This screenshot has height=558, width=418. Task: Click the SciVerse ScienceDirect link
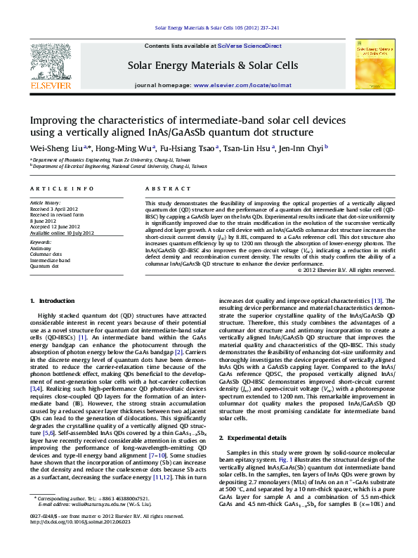(249, 46)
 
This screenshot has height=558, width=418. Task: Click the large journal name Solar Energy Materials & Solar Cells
(212, 65)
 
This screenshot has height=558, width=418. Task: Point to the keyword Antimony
(41, 249)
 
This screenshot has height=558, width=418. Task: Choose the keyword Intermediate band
(51, 260)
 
